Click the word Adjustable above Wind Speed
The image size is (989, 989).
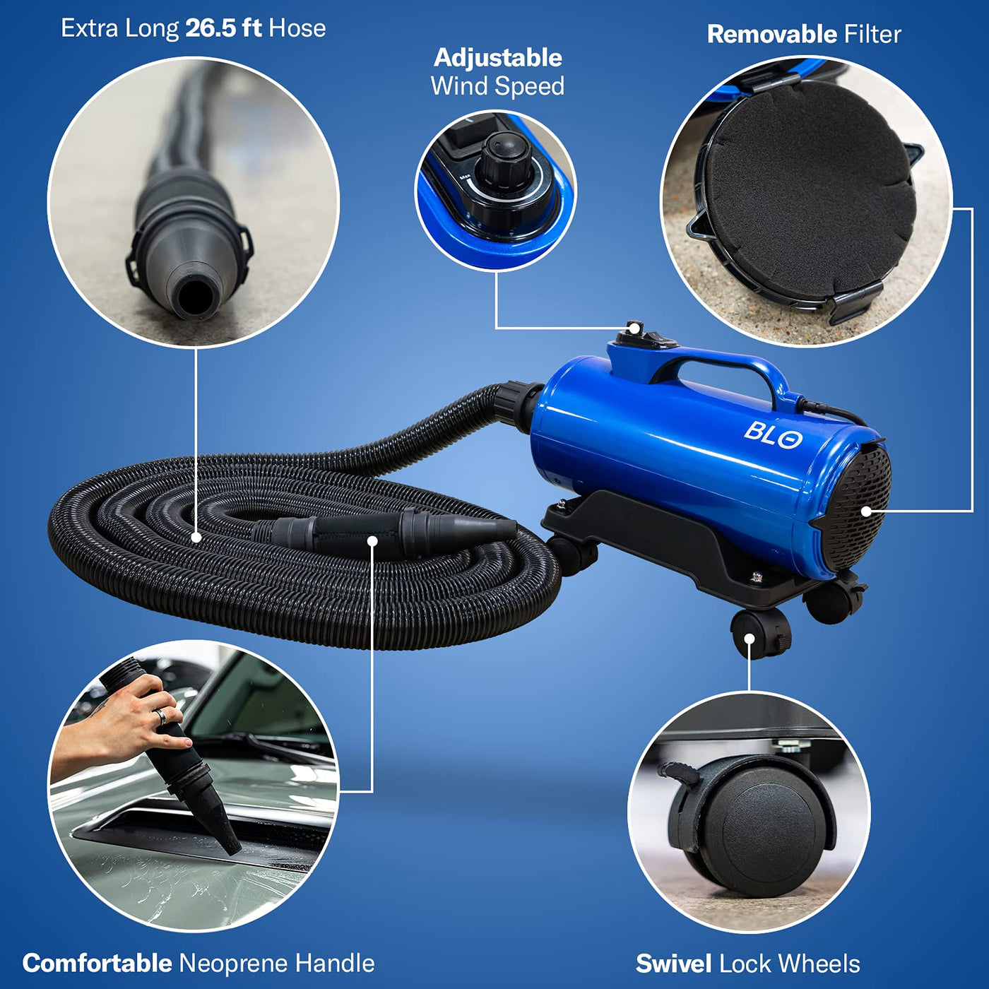(x=498, y=58)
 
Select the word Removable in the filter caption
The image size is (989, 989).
(x=772, y=35)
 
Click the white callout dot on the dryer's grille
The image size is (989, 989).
(x=866, y=511)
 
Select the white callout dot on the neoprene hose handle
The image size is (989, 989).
(x=373, y=541)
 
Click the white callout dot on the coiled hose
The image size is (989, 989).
(x=196, y=538)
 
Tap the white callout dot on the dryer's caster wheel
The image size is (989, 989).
(x=750, y=639)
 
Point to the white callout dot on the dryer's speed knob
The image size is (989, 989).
(x=635, y=328)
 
